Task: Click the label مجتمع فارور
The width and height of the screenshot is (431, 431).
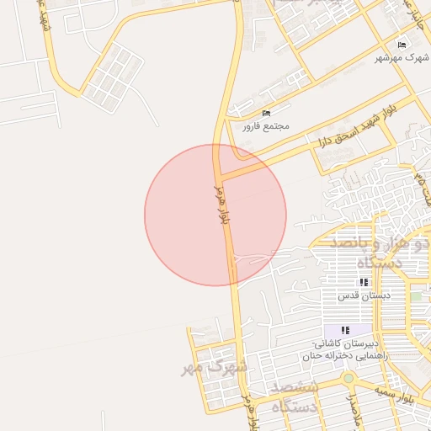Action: (266, 126)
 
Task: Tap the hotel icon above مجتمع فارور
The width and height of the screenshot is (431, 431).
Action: (267, 114)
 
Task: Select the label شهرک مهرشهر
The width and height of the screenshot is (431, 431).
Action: (401, 57)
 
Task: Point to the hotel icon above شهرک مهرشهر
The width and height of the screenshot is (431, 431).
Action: (402, 45)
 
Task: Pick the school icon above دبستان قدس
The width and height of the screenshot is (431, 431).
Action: (364, 283)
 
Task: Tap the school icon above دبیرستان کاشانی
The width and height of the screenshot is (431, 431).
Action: (345, 331)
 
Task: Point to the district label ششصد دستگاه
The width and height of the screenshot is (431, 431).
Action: (295, 396)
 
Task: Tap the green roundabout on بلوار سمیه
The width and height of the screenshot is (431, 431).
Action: (348, 378)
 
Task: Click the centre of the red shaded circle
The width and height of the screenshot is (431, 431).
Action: (215, 215)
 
